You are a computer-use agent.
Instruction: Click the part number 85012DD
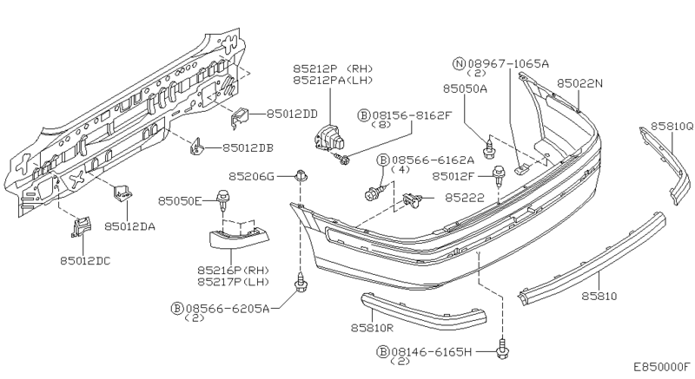point(292,114)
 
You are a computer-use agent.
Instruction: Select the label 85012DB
point(248,148)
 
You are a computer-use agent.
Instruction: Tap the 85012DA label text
point(129,227)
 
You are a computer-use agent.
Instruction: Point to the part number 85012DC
point(85,261)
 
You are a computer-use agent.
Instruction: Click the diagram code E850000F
point(662,367)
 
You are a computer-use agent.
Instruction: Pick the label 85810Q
point(672,127)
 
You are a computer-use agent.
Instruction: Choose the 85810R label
point(373,328)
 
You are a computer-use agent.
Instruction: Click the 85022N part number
point(579,83)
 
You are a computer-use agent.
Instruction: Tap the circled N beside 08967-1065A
point(459,63)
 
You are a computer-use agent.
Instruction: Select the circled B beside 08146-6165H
point(382,352)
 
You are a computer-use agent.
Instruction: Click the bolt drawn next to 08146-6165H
point(503,349)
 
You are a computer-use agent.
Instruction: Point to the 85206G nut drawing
point(301,175)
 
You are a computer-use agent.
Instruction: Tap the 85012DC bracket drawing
point(81,227)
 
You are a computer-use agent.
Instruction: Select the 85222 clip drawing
point(412,200)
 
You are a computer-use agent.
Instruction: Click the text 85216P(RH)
point(233,270)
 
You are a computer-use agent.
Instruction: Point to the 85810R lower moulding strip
point(423,311)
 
